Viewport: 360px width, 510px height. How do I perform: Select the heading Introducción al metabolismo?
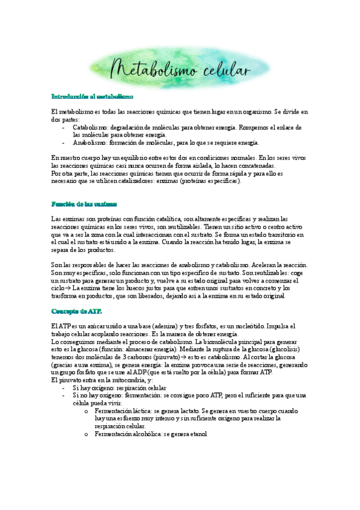coord(92,96)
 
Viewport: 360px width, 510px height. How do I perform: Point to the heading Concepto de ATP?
coord(76,311)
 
